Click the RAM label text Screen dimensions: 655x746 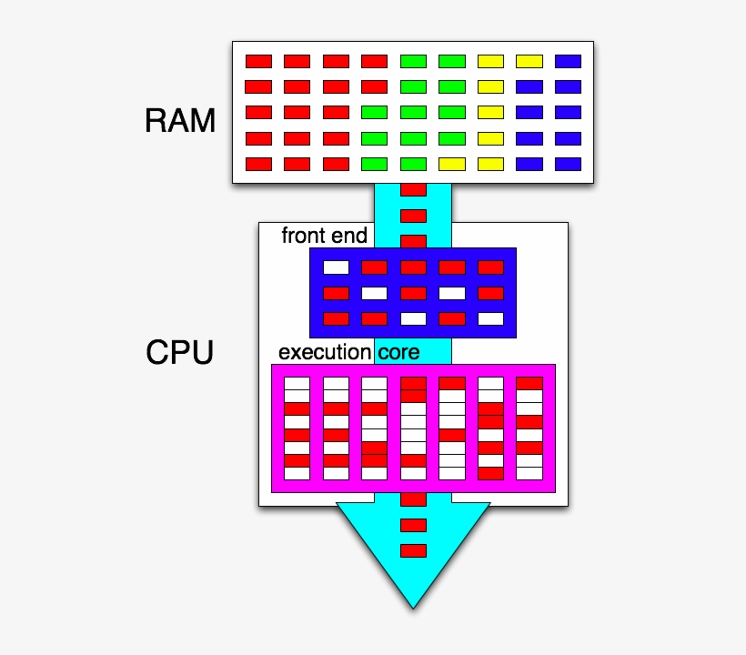coord(180,120)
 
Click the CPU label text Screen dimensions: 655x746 coord(179,352)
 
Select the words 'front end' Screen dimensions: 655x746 coord(324,236)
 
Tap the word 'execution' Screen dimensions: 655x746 coord(325,352)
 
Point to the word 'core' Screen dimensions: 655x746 coord(398,352)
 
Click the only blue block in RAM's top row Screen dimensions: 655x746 coord(568,61)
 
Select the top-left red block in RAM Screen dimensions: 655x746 coord(258,61)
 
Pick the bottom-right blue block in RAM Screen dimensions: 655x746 coord(568,165)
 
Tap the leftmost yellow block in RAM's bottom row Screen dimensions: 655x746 coord(452,165)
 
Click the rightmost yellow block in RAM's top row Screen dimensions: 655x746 coord(529,61)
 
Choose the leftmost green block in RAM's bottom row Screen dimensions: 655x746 coord(375,165)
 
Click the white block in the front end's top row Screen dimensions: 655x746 coord(337,267)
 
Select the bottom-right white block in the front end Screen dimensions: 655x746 coord(490,318)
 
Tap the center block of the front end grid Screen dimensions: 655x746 coord(413,293)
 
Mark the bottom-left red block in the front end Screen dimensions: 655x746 coord(337,318)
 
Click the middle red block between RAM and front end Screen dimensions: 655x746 coord(413,216)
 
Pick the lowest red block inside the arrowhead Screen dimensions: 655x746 coord(413,550)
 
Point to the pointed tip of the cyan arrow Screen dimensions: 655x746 coord(413,606)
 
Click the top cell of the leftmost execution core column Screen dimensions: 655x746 coord(297,383)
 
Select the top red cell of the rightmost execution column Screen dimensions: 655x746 coord(529,383)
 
